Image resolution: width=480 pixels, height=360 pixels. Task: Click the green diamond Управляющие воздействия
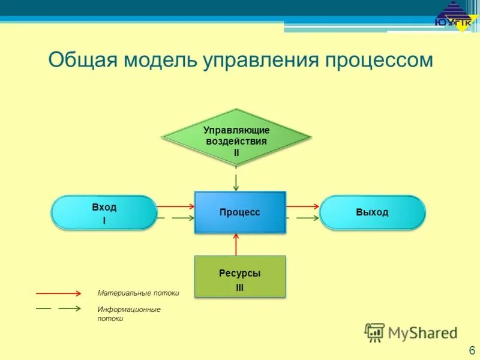coord(236,139)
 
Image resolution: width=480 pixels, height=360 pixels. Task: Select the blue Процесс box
coord(239,212)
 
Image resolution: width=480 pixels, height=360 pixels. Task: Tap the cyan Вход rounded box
coord(104,212)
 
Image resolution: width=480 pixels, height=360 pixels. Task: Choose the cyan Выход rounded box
coord(372,212)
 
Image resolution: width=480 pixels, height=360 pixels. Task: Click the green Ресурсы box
coord(239,277)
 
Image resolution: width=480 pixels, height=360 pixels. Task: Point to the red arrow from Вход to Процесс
coord(175,206)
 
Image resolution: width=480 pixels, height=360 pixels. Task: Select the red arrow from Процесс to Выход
coord(302,206)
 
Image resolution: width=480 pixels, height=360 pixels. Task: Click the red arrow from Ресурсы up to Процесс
coord(236,244)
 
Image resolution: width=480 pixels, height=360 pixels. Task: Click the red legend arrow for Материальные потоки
coord(58,293)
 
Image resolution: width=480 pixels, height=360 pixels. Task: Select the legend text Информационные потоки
coord(129,314)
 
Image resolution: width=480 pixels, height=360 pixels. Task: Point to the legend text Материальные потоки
coord(138,293)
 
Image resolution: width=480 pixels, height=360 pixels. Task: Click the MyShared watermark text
coord(422,332)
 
